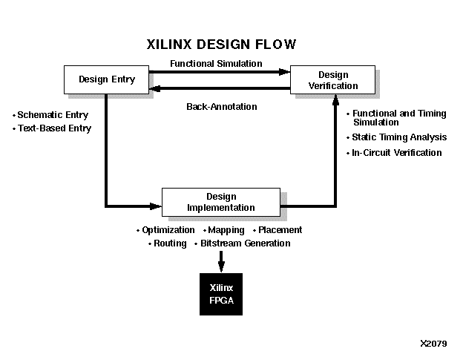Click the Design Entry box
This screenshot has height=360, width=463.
click(107, 79)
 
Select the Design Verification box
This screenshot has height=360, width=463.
click(333, 80)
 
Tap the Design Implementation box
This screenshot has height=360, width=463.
click(220, 202)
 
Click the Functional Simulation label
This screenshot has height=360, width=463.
click(216, 64)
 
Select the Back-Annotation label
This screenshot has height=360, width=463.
click(221, 107)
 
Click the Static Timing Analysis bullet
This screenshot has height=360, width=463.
click(399, 137)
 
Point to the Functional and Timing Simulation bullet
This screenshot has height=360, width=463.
click(399, 117)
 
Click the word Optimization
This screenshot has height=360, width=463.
click(168, 230)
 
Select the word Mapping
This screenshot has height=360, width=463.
click(226, 230)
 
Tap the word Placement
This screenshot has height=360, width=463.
click(280, 230)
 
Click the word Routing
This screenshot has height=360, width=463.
click(170, 243)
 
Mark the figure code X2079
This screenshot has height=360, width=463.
click(433, 344)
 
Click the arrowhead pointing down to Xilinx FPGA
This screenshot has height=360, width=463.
click(220, 266)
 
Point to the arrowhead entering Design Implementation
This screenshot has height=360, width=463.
click(156, 206)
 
